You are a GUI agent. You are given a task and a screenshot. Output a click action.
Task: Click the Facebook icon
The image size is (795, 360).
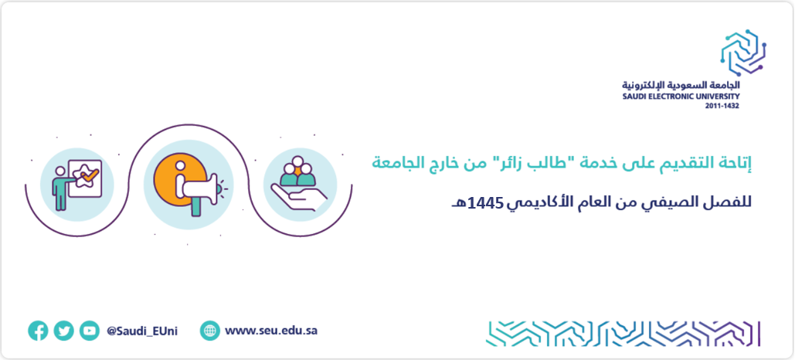tap(38, 331)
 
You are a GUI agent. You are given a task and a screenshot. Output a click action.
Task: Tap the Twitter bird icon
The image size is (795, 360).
tap(64, 331)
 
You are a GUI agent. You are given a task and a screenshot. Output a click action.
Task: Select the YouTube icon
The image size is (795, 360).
tap(90, 331)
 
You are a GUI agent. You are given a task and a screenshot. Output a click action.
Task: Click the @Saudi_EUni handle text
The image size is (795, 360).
tap(142, 331)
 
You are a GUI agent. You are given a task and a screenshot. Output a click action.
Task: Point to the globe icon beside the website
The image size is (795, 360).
tap(210, 331)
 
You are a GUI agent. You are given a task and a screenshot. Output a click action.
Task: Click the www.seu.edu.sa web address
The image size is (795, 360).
tap(271, 331)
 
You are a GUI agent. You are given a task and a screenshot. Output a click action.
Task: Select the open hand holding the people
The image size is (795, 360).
tap(299, 197)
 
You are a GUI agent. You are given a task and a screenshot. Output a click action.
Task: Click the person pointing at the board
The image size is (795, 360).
tap(60, 188)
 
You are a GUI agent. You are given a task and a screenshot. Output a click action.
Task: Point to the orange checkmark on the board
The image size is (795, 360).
tap(90, 175)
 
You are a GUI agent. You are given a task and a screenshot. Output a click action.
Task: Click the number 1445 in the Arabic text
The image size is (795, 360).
tap(486, 204)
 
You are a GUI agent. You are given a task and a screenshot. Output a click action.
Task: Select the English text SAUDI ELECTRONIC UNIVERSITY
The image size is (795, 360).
tap(681, 97)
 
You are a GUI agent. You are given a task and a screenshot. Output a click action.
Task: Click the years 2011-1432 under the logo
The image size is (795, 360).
tap(722, 106)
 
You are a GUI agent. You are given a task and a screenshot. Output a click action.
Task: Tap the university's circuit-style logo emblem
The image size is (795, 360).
tap(743, 53)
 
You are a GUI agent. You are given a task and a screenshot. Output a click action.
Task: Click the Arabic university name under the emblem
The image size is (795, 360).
tap(681, 85)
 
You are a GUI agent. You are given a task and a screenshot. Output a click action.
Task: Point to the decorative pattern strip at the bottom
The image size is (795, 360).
tap(623, 334)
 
